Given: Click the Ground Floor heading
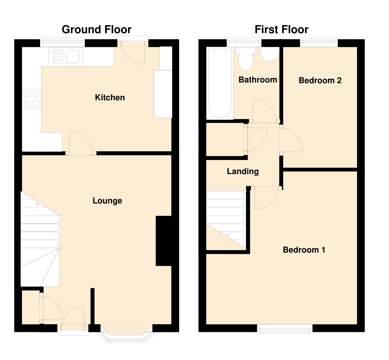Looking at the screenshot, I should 97,30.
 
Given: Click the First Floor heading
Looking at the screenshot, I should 282,30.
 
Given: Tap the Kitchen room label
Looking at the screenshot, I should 110,97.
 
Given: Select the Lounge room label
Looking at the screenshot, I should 107,201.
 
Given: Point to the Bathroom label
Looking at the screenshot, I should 258,80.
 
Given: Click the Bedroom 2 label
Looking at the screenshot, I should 320,80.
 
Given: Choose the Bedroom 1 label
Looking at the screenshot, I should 304,250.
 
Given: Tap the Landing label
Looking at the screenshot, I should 243,171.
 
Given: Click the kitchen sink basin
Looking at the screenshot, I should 73,57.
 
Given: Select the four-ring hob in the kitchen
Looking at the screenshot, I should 32,99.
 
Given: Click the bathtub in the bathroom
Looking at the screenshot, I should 220,83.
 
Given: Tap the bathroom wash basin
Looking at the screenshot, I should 270,54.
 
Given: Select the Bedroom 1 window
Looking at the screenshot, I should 285,328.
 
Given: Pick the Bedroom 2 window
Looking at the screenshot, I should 319,42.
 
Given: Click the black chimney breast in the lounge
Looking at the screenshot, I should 163,241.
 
